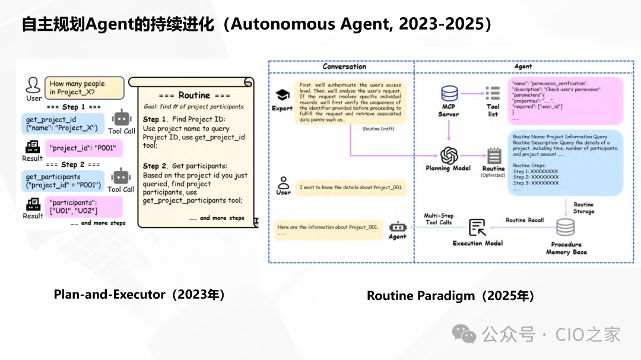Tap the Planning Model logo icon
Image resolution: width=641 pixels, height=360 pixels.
448,155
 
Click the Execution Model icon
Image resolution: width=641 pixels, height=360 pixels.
477,227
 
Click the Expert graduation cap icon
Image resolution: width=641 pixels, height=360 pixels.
283,95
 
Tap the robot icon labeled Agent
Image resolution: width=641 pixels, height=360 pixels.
397,227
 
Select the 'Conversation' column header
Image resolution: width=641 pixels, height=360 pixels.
344,66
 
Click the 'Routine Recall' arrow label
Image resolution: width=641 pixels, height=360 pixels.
525,220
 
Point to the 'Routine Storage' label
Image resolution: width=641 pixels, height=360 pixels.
583,208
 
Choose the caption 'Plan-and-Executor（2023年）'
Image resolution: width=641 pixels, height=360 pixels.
139,294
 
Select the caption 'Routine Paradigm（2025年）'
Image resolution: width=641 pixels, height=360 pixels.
450,295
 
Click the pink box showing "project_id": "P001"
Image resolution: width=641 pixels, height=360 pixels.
84,148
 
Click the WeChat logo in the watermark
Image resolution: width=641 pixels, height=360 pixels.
464,334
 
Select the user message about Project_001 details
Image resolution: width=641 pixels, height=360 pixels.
351,187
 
